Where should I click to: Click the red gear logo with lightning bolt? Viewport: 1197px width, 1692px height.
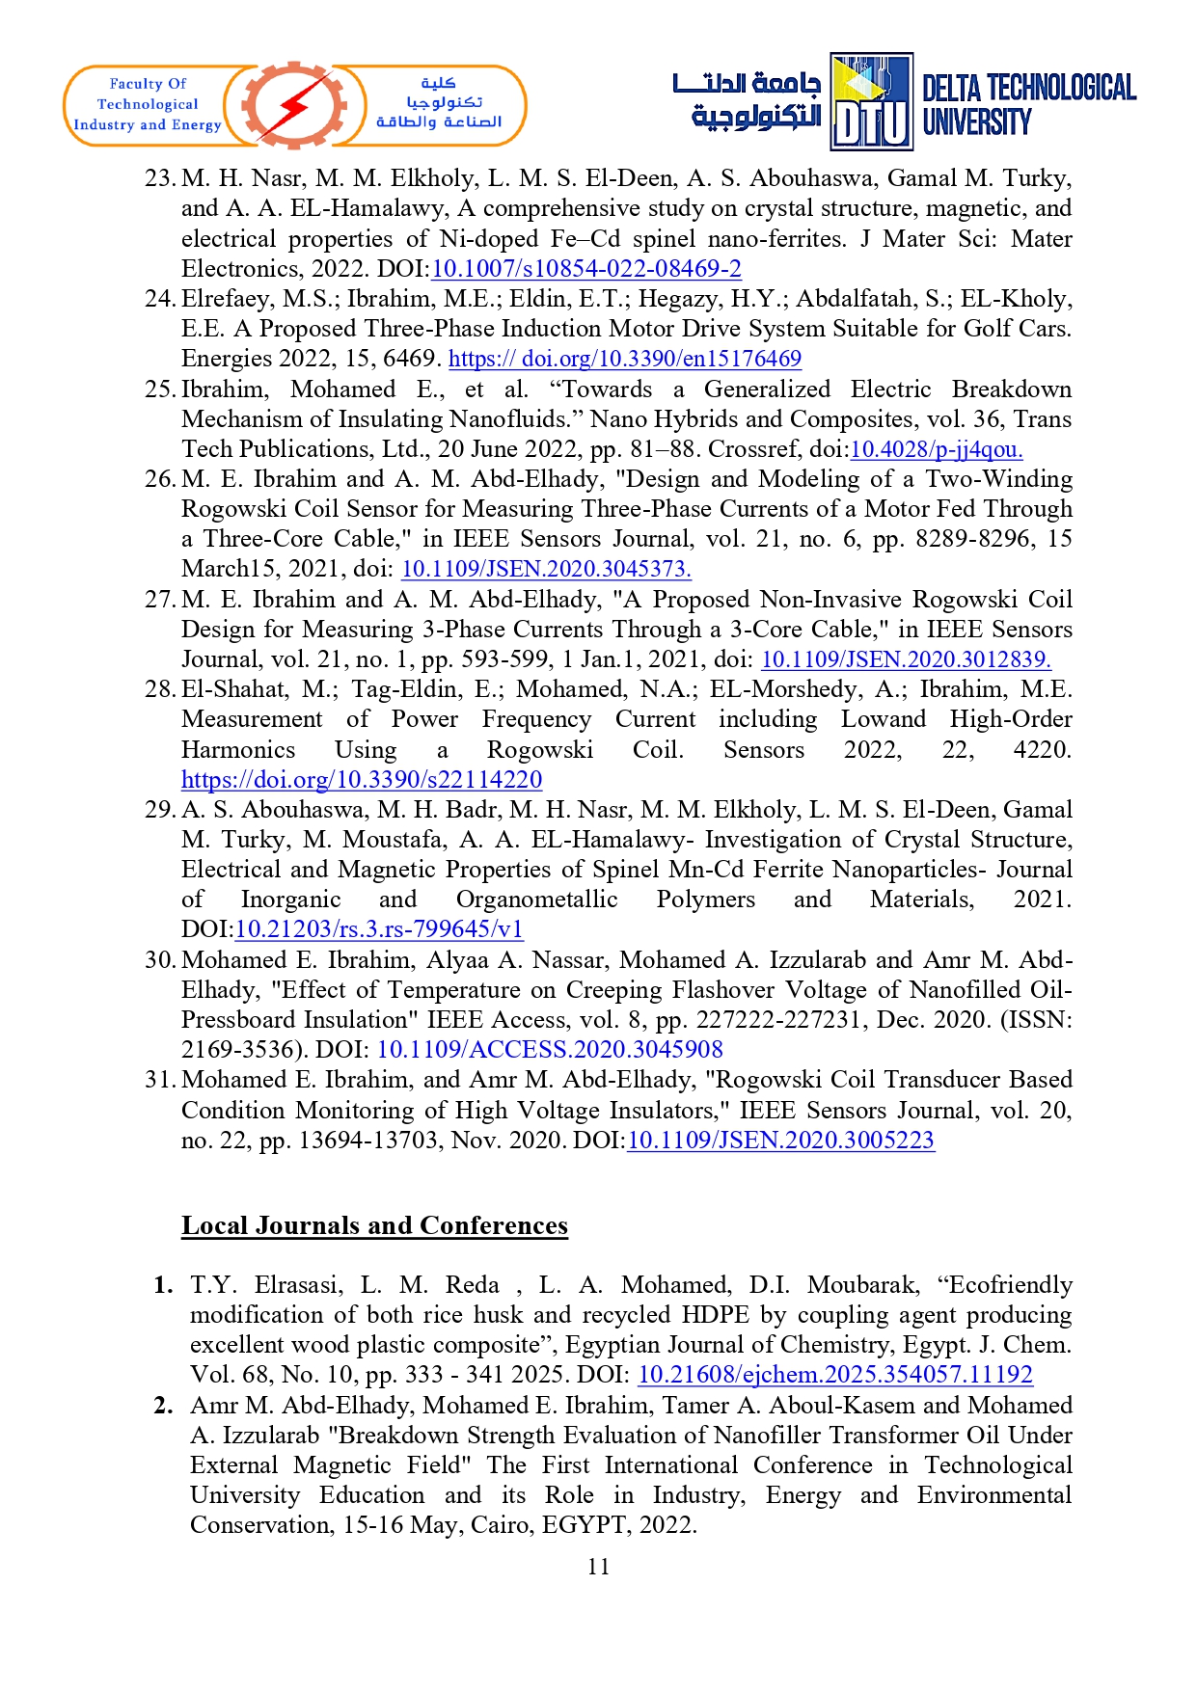[x=294, y=105]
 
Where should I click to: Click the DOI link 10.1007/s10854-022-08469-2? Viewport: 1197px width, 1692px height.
[x=585, y=269]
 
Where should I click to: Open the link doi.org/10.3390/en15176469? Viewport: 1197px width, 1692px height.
[x=624, y=359]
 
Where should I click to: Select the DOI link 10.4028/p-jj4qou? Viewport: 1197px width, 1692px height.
[x=936, y=449]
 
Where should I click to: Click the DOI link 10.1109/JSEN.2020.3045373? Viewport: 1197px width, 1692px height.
[x=546, y=569]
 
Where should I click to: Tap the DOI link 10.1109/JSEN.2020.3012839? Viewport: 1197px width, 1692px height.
[x=906, y=659]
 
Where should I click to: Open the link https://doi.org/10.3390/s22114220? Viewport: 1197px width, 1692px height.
[x=362, y=779]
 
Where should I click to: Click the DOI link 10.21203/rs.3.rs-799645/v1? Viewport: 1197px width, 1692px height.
[x=379, y=929]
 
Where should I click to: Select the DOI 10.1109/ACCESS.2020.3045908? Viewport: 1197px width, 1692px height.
[x=550, y=1049]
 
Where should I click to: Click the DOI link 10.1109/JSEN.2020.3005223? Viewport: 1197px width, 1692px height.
[x=780, y=1140]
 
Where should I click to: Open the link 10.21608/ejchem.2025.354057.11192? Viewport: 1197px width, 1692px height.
[x=835, y=1375]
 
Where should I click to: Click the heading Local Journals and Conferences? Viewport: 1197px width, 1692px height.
[x=374, y=1225]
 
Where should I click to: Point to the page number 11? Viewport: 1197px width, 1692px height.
[x=598, y=1567]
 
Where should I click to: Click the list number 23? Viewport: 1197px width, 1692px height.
[x=159, y=178]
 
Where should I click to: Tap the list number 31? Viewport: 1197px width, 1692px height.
[x=159, y=1080]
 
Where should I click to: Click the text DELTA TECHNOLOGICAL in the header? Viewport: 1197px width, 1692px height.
[x=1029, y=89]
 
